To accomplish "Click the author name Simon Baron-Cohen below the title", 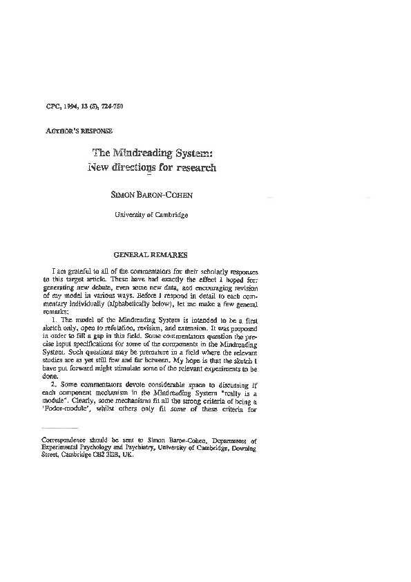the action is (x=152, y=196).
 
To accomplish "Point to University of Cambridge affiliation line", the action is (x=151, y=215).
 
